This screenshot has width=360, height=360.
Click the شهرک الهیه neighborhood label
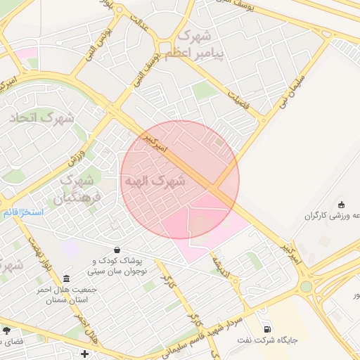155,181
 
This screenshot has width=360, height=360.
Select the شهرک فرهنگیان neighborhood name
81,188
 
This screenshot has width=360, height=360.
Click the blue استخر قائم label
23,212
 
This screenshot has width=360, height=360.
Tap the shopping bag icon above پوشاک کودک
116,249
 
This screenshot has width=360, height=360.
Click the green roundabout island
305,286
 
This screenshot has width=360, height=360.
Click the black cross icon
85,353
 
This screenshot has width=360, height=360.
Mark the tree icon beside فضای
7,329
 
